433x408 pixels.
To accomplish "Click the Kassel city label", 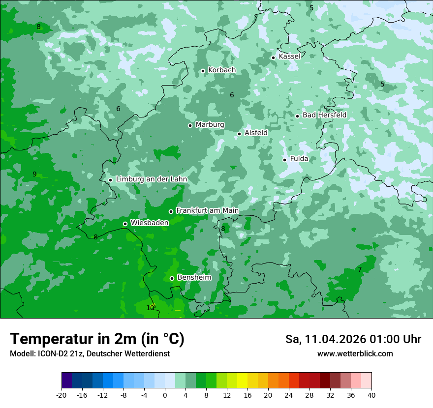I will [289, 57].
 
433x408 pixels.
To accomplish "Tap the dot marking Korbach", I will [203, 71].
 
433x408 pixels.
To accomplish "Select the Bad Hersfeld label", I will [324, 115].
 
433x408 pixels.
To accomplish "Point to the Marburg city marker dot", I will [190, 125].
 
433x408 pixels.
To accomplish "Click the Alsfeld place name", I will [256, 133].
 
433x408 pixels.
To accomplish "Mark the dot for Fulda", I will [284, 160].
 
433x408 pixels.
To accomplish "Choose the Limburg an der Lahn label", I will [151, 179].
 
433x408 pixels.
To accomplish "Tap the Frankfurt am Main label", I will [207, 211].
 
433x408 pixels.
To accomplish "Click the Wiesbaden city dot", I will [125, 224].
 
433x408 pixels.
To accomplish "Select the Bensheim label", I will [194, 278].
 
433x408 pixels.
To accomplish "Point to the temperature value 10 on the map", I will [150, 308].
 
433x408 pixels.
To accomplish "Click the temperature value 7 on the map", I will [360, 270].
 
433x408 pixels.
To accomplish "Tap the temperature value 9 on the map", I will [34, 175].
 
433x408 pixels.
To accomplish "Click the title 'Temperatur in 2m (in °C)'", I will [97, 339].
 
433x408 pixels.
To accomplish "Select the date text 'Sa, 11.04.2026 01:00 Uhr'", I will [353, 339].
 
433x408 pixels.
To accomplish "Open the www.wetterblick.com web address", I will [355, 354].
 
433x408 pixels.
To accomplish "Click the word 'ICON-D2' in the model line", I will [51, 354].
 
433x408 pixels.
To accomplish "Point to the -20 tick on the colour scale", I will [62, 395].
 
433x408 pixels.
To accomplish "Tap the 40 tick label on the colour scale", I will [371, 395].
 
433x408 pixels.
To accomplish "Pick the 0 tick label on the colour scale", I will [165, 395].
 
